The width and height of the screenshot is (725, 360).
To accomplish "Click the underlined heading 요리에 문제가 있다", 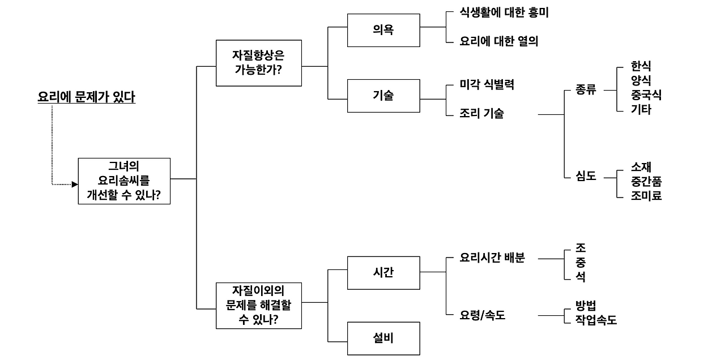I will click(x=86, y=97).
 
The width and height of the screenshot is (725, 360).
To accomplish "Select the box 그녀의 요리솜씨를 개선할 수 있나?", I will click(x=124, y=181).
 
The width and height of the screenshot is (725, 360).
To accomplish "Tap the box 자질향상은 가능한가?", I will click(x=258, y=63).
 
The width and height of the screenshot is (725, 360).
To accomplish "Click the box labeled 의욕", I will click(x=383, y=30).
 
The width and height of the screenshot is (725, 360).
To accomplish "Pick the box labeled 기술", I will click(x=383, y=95).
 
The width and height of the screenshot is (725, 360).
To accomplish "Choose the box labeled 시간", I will click(x=383, y=272).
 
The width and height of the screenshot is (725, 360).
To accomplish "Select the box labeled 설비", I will click(x=383, y=338).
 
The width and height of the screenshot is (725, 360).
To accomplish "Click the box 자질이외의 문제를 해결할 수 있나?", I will click(x=258, y=305).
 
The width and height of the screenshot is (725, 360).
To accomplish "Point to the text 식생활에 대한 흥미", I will click(x=504, y=13).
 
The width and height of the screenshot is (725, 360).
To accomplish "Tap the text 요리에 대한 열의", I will click(x=499, y=41).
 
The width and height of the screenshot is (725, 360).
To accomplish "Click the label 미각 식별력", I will click(x=487, y=85).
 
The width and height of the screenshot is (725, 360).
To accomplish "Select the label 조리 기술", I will click(x=482, y=114).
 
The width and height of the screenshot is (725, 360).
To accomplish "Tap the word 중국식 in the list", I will click(x=646, y=95).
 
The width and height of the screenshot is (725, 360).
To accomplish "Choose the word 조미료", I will click(x=646, y=196).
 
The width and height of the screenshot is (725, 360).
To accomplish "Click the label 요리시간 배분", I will click(x=493, y=258).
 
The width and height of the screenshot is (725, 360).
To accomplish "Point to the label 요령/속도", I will click(x=483, y=315).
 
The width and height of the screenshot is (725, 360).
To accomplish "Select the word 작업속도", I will click(x=596, y=320).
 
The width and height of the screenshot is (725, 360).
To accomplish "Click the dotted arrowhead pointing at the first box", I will click(x=74, y=184).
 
